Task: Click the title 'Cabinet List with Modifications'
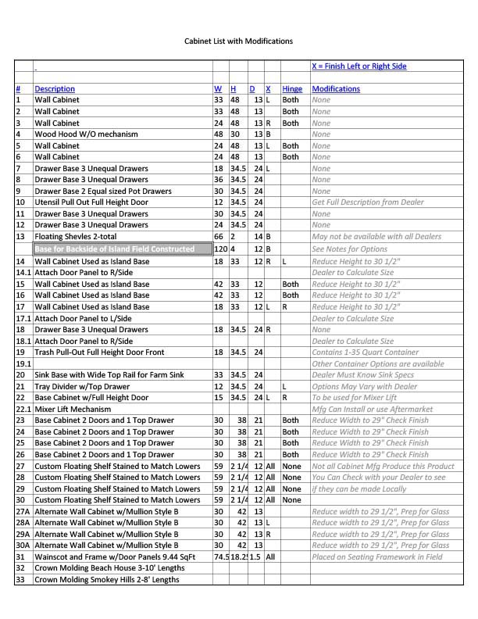tap(238, 41)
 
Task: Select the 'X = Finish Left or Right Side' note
tap(358, 66)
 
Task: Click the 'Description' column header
tap(55, 89)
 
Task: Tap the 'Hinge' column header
tap(291, 89)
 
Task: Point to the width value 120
tap(220, 249)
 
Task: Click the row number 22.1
tap(23, 409)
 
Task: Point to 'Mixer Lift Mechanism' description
tap(73, 409)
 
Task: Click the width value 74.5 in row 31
tap(221, 557)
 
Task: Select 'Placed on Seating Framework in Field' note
tap(376, 557)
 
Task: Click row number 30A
tap(22, 546)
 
